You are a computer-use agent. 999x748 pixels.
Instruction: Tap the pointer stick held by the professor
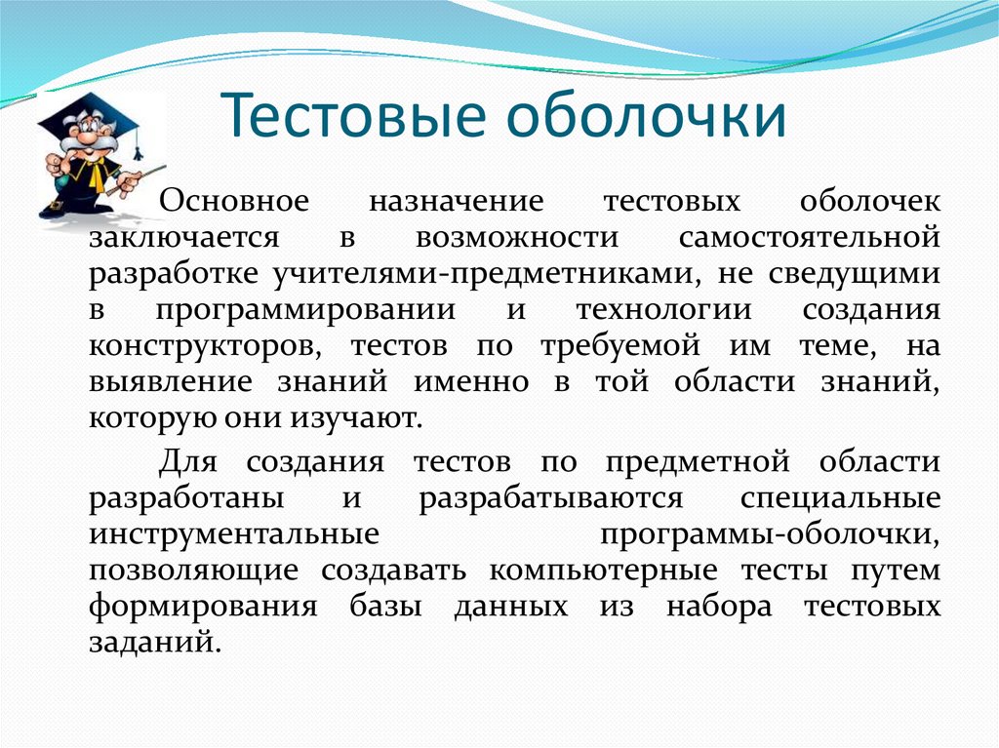(x=136, y=180)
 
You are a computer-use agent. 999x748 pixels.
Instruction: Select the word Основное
(x=234, y=201)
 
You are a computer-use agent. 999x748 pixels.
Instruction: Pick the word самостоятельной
(x=809, y=238)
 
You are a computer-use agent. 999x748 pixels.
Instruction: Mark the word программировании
(x=305, y=311)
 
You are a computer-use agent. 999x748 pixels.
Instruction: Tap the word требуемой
(x=619, y=346)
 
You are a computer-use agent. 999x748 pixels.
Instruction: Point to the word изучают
(x=357, y=419)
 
